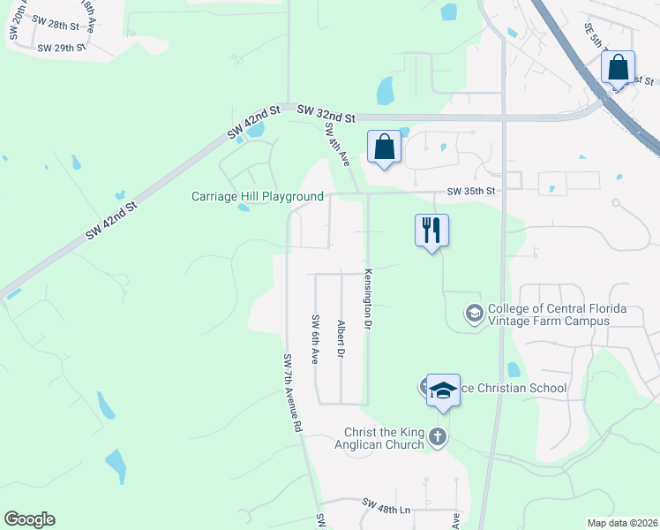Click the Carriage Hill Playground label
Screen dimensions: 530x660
258,196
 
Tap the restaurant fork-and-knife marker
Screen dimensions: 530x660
431,231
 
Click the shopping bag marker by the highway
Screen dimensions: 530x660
619,67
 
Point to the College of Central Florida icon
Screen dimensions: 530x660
475,314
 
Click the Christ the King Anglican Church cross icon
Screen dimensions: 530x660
437,436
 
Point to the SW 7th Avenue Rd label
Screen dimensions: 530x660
293,392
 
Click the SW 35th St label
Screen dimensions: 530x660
472,191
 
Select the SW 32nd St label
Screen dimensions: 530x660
326,114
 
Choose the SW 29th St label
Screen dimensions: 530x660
62,47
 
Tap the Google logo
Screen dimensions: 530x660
29,519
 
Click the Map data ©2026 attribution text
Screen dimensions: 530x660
622,523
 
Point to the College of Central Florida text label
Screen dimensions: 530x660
557,314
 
